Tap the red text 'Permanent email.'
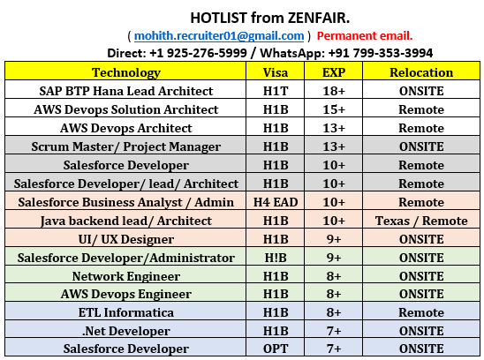[364, 35]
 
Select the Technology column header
[126, 72]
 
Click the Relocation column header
[421, 72]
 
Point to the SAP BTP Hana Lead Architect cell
[126, 91]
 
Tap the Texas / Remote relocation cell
[421, 221]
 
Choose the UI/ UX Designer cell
[126, 239]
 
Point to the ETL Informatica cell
[126, 312]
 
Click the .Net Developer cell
[126, 331]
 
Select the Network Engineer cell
[126, 275]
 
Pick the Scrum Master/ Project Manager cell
[126, 146]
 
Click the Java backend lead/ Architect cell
[126, 221]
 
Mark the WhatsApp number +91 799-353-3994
[382, 53]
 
